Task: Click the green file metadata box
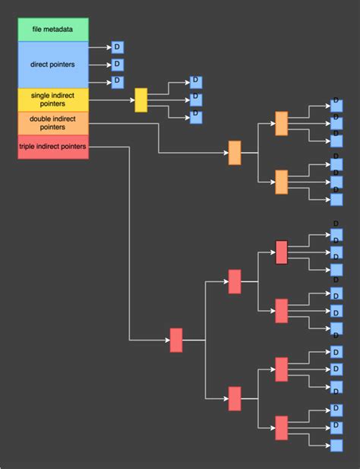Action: tap(53, 30)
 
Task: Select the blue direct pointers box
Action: tap(53, 65)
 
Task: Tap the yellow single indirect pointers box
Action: tap(53, 100)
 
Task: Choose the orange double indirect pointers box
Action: tap(53, 123)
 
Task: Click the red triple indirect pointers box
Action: tap(53, 147)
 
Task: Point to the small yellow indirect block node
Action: tap(141, 100)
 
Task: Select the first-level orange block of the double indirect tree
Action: tap(235, 153)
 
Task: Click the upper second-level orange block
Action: tap(282, 123)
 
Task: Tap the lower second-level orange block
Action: tap(282, 182)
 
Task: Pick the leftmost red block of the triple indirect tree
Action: tap(176, 340)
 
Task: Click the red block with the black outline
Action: tap(282, 252)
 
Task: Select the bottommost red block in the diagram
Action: tap(282, 428)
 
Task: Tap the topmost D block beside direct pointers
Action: tap(117, 47)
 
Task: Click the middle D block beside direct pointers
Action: tap(117, 65)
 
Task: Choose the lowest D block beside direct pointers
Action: tap(117, 82)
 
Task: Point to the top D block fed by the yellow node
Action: tap(195, 82)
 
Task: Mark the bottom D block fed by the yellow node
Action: tap(195, 116)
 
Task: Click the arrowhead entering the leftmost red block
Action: tap(166, 340)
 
